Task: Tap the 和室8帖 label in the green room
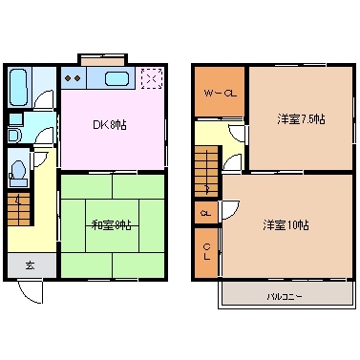[113, 224]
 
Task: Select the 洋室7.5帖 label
[301, 119]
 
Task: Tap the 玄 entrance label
[29, 265]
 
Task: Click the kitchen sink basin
[116, 79]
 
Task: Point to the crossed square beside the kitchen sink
[151, 79]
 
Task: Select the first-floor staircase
[20, 208]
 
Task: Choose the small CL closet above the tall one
[205, 213]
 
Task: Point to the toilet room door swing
[40, 159]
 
